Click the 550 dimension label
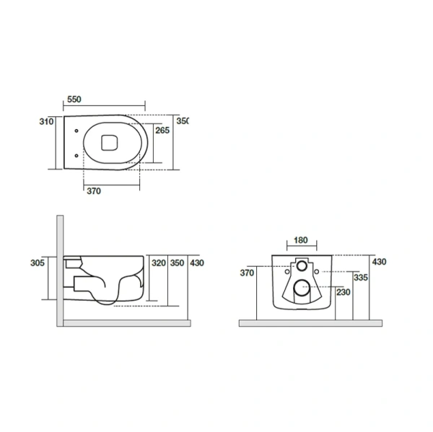(74, 99)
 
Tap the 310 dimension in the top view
(46, 121)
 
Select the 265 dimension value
(162, 131)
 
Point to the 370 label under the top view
(94, 191)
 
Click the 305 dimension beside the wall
(38, 263)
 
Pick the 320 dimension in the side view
(159, 263)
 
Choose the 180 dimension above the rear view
(301, 240)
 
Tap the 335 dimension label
(361, 278)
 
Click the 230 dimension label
(344, 292)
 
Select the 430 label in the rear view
(379, 262)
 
